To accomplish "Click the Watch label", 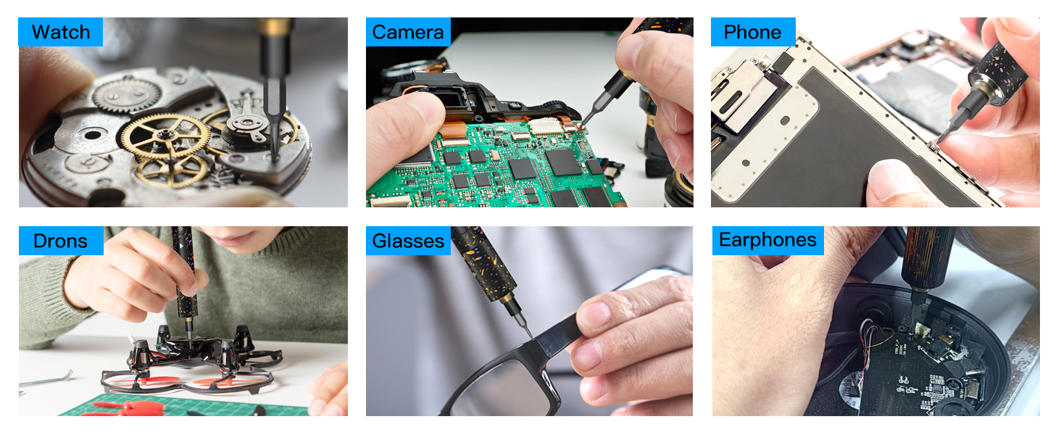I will pos(61,32).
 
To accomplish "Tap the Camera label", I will pos(407,32).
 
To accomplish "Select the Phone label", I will pos(753,32).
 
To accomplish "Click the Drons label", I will pos(61,241).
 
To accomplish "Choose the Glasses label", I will pos(407,241).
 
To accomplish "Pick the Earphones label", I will pos(767,241).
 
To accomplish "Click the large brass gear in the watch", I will pos(164,135).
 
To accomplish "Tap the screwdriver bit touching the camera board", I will pos(586,120).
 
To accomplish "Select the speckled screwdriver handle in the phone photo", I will pos(996,65).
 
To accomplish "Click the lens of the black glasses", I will pos(500,391).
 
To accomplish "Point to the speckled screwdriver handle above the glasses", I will pos(482,261).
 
